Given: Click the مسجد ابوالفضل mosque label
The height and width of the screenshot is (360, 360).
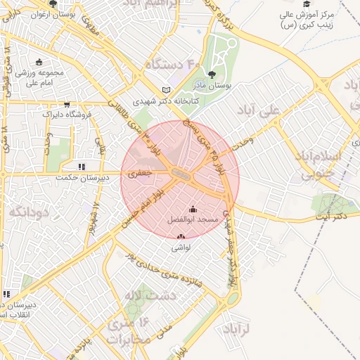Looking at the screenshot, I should [x=193, y=221].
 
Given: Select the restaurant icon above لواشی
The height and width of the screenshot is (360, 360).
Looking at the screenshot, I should [x=181, y=237].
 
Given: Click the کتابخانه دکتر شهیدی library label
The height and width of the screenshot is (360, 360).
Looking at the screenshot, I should [x=167, y=101].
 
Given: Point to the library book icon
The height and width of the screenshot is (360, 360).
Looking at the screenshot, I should [x=167, y=90].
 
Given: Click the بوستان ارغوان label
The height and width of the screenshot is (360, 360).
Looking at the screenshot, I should [x=53, y=14].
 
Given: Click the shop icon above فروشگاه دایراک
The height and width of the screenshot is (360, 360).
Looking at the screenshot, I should [x=67, y=103].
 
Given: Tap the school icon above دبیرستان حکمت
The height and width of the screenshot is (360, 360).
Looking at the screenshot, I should [x=82, y=167].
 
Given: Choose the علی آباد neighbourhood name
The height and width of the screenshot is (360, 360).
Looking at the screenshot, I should [x=279, y=110].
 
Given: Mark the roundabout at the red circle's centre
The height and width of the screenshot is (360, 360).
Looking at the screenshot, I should [x=180, y=174].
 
